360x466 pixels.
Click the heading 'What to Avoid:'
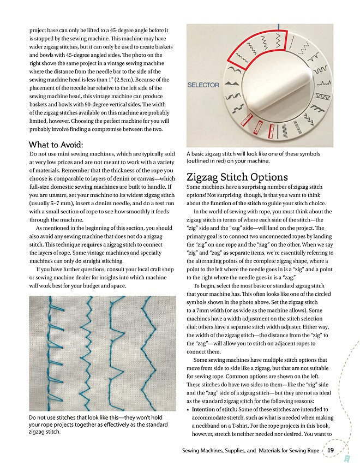pos(56,145)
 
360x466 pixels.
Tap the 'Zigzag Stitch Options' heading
pos(237,177)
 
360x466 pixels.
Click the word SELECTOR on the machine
pos(203,85)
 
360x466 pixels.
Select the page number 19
pos(331,450)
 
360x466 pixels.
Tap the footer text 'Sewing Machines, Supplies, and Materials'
pos(250,451)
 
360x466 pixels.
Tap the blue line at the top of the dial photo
pos(278,26)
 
